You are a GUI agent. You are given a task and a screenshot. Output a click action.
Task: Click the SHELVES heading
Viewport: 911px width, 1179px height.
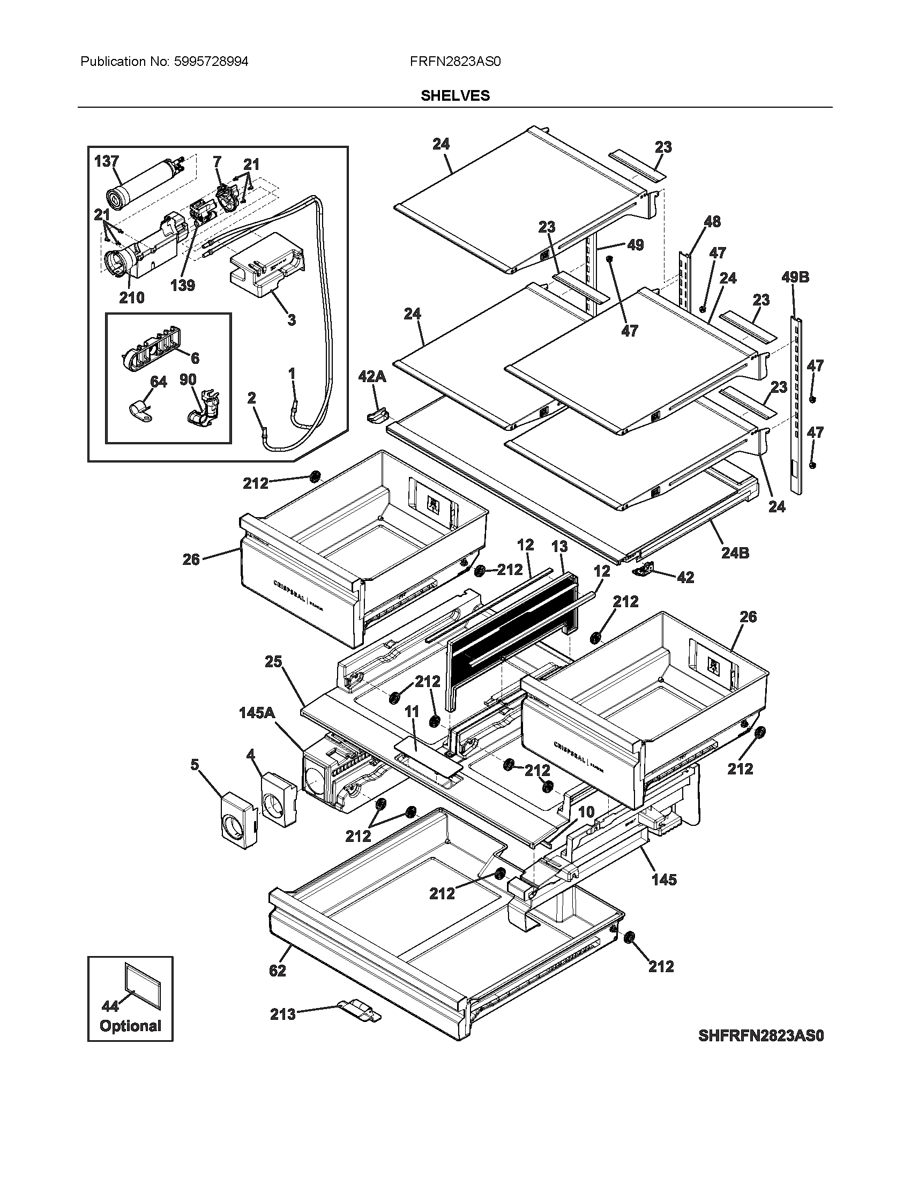click(x=455, y=95)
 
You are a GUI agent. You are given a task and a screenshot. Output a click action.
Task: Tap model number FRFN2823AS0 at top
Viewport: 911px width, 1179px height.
click(x=455, y=62)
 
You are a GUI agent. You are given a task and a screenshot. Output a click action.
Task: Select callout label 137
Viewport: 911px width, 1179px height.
click(x=106, y=161)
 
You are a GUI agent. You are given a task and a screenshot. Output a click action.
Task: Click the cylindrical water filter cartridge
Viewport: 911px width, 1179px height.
click(x=143, y=181)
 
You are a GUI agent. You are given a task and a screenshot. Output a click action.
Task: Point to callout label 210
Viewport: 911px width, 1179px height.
click(x=132, y=297)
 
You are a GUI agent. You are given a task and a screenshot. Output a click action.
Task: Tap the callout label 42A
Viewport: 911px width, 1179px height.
click(x=372, y=377)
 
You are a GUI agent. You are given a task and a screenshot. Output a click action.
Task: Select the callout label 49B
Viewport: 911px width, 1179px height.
click(x=795, y=278)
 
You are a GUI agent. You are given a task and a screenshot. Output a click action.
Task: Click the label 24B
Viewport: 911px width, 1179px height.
click(x=735, y=553)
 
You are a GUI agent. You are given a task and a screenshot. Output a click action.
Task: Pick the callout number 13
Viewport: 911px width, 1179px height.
click(x=559, y=546)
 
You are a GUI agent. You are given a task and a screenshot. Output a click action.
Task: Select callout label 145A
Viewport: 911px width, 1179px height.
click(x=257, y=714)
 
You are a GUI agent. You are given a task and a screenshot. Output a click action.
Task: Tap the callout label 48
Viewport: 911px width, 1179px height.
click(x=712, y=221)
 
